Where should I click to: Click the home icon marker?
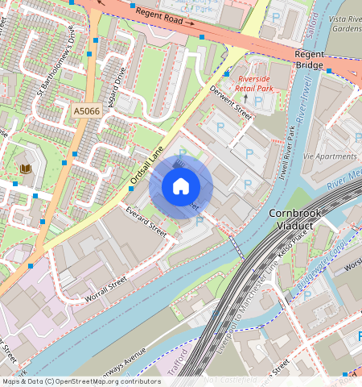click(181, 187)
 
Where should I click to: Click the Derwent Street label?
click(231, 102)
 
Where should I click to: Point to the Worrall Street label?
click(106, 291)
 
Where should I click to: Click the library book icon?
click(26, 169)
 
